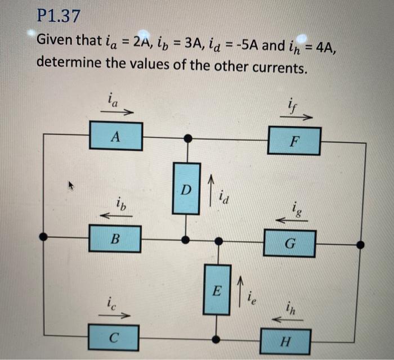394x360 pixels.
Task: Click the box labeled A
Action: [115, 136]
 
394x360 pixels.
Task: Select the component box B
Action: [115, 238]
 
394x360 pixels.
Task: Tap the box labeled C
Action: [114, 338]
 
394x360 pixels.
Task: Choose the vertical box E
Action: [217, 290]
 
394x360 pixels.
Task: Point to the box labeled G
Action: [290, 243]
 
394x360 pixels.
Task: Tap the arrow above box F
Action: [297, 118]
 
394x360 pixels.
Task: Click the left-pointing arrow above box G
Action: [292, 221]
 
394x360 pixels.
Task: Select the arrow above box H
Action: [287, 319]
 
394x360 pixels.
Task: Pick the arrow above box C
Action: [115, 316]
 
